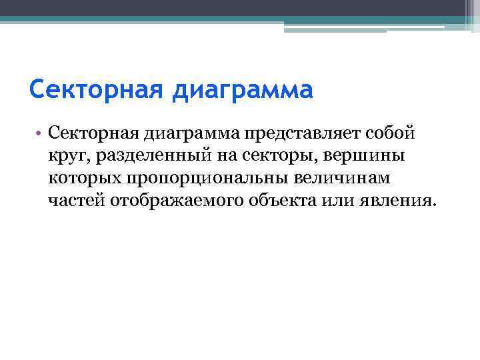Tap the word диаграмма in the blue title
(x=241, y=89)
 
